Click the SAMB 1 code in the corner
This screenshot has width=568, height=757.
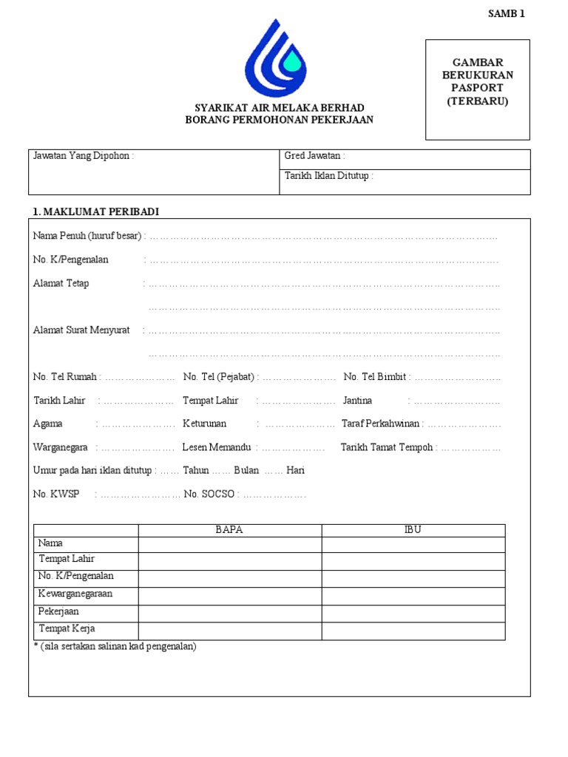click(507, 13)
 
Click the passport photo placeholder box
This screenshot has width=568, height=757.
click(477, 89)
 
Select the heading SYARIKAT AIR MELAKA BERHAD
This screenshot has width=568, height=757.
click(280, 108)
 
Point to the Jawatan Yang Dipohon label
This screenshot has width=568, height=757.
click(81, 156)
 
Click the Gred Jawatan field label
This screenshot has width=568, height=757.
click(314, 156)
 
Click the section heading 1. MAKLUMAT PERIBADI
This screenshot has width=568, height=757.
click(96, 212)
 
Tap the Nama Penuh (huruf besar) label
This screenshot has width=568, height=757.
click(87, 236)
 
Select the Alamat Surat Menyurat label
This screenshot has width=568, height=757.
click(81, 330)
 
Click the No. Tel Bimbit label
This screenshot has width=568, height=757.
click(375, 376)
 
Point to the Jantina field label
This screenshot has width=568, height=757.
click(357, 400)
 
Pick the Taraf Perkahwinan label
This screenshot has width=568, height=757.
click(380, 424)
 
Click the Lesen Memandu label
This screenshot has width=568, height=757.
click(217, 447)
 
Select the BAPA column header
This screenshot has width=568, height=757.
click(229, 530)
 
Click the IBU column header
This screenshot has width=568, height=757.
click(413, 530)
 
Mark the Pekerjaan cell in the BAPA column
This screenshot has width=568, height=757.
click(229, 614)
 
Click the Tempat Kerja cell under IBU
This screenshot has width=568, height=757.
click(413, 631)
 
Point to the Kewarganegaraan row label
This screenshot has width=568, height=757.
click(75, 594)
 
